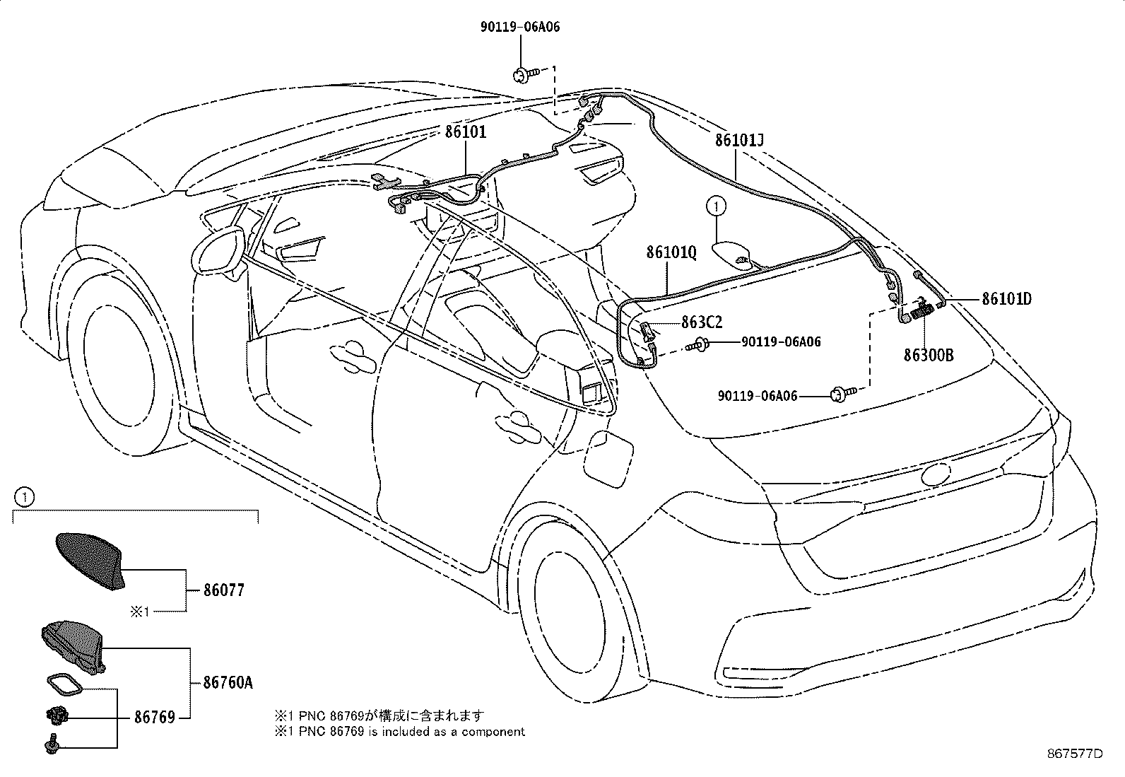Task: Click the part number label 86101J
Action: coord(739,140)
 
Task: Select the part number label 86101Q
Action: coord(671,252)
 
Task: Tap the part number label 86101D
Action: coord(1006,299)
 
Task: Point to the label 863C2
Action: coord(702,322)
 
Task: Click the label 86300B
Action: coord(928,356)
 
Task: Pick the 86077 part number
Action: coord(223,590)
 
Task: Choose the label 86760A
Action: coord(228,682)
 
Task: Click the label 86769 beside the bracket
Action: coord(155,717)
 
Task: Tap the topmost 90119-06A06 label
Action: coord(520,27)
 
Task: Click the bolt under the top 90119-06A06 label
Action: coord(525,75)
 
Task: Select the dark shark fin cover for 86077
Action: coord(90,561)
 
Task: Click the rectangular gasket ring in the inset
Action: coord(64,684)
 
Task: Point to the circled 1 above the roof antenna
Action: coord(716,206)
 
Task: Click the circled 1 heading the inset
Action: coord(24,498)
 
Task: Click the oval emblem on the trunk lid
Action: coord(936,474)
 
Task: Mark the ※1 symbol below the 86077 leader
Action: coord(140,612)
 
